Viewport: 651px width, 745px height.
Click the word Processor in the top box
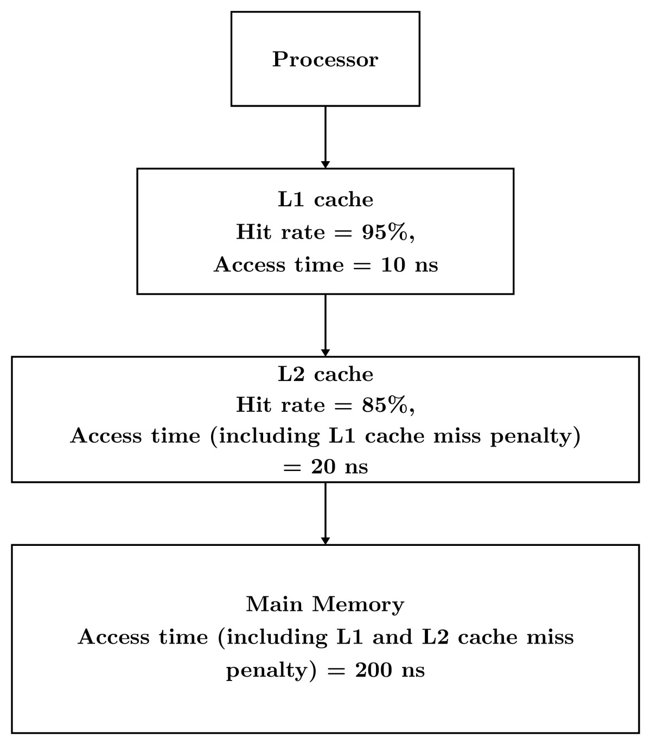tap(325, 59)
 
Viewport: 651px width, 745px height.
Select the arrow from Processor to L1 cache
tap(325, 136)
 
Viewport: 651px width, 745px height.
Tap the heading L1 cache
tap(325, 200)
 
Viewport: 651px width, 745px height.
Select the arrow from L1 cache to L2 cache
tap(325, 324)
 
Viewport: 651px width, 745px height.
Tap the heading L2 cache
tap(325, 374)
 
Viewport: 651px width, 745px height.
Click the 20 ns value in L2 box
tap(339, 467)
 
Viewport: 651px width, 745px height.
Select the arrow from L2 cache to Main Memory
tap(325, 512)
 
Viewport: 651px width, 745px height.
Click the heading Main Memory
tap(325, 604)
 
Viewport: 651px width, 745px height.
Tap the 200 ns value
tap(390, 670)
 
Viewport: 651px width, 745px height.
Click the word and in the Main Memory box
tap(392, 637)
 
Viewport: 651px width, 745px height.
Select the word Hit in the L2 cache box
tap(253, 405)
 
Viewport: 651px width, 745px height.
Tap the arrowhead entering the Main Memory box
tap(325, 540)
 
